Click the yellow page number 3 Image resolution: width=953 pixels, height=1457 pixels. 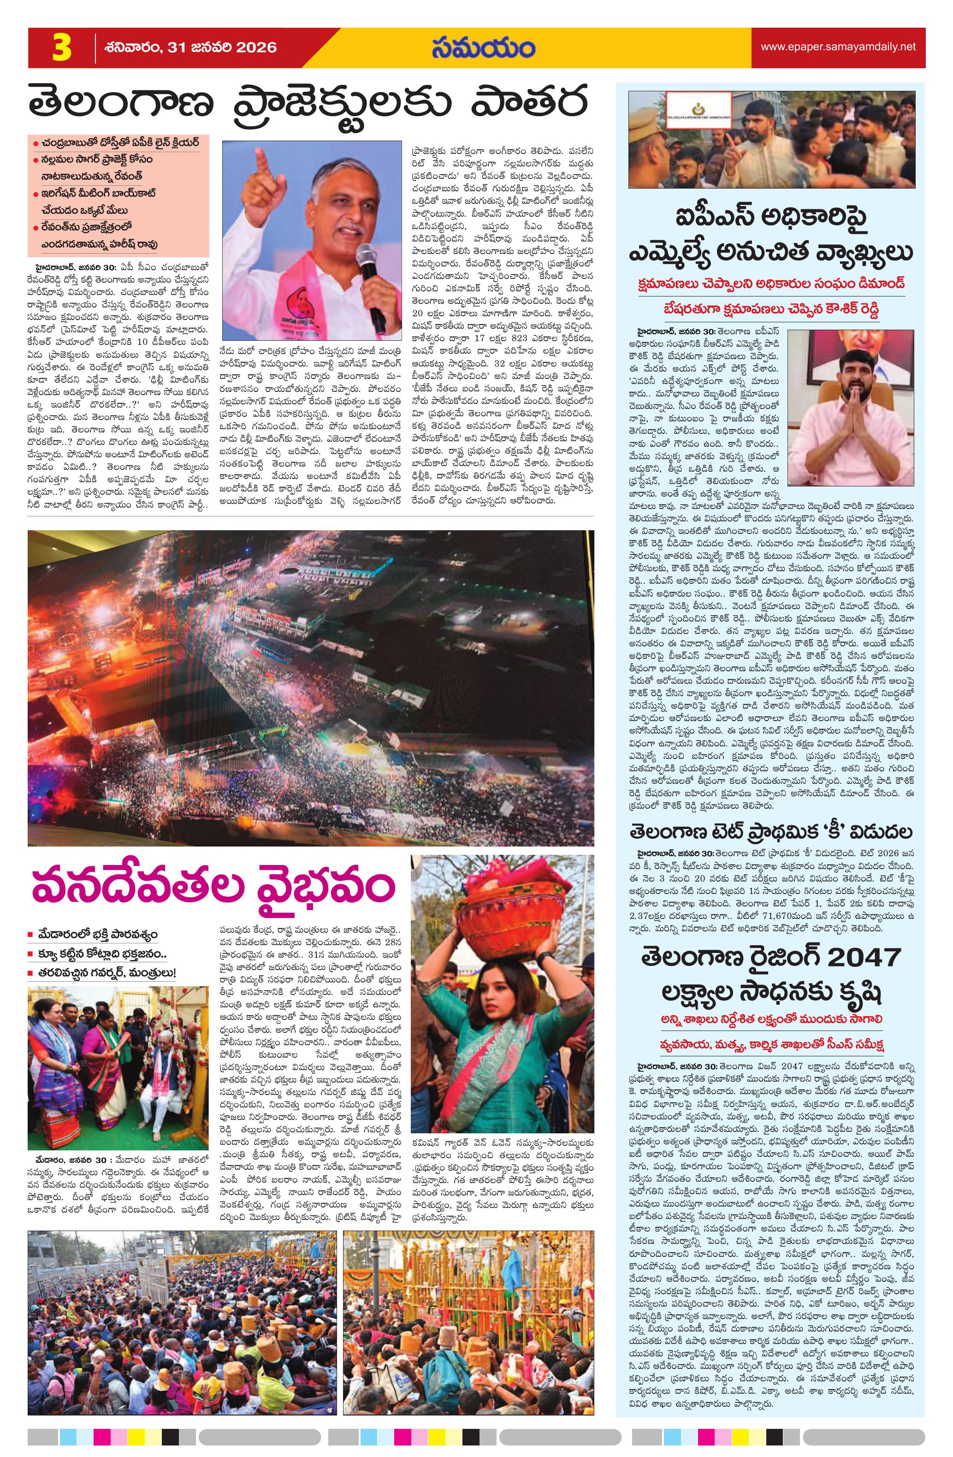[x=62, y=48]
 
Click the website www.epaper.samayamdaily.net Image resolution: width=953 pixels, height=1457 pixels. [x=838, y=47]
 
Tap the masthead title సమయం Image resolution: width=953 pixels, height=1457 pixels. [x=483, y=48]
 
